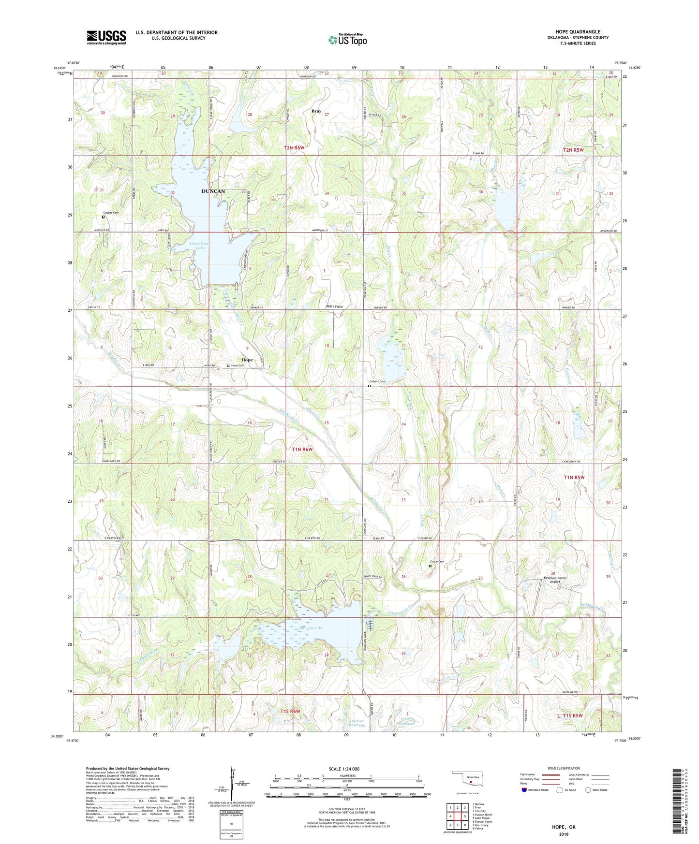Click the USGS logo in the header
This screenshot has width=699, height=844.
[x=106, y=37]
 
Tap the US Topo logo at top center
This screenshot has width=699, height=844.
[x=347, y=40]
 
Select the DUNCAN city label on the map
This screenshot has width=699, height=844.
[x=213, y=191]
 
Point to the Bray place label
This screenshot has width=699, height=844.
[x=316, y=111]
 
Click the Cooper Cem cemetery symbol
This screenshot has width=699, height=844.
[x=103, y=217]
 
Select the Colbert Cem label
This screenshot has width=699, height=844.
[x=377, y=381]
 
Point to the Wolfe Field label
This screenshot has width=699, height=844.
[x=334, y=306]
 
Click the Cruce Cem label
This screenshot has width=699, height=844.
[x=437, y=561]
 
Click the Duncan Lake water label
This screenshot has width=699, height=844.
[x=311, y=628]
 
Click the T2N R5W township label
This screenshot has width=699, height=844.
[x=573, y=150]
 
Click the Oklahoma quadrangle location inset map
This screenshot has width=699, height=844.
[x=467, y=779]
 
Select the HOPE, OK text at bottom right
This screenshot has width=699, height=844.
[x=564, y=827]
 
